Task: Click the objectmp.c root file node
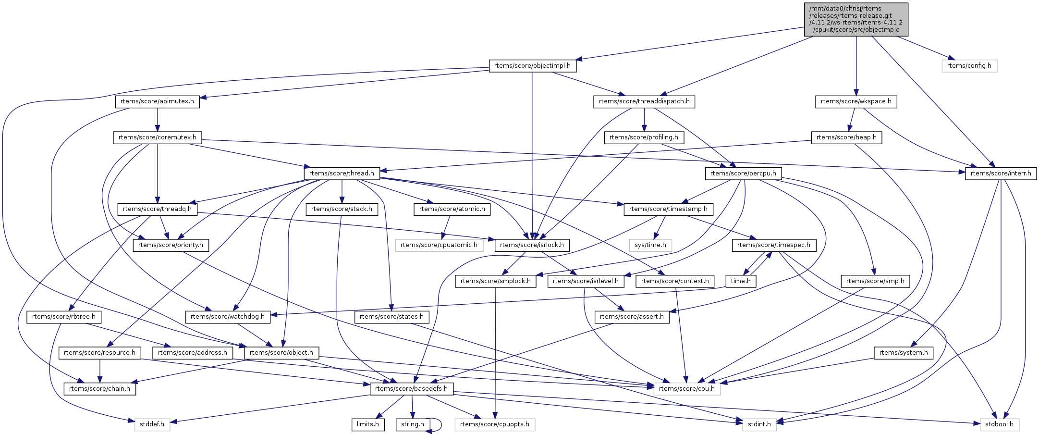point(856,19)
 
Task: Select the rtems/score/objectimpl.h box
point(532,66)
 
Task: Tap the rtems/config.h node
point(969,66)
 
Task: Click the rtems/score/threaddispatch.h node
point(644,101)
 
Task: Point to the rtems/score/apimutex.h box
point(157,101)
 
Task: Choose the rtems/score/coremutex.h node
point(158,137)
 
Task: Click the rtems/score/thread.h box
point(342,173)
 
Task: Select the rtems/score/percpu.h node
point(743,173)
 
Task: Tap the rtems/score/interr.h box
point(1001,173)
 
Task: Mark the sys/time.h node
point(650,245)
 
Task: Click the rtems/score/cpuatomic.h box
point(439,245)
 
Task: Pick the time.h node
point(741,281)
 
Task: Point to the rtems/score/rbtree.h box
point(64,317)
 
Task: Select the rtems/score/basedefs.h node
point(411,388)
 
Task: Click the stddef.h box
point(152,424)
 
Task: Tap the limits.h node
point(368,424)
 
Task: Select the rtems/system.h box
point(903,353)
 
